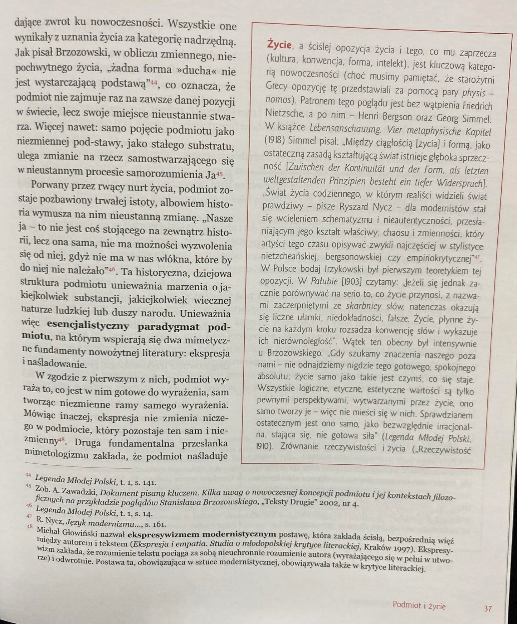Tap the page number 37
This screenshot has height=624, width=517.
coord(488,608)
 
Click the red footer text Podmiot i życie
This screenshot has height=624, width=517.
coord(419,605)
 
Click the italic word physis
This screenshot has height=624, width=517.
coord(474,93)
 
